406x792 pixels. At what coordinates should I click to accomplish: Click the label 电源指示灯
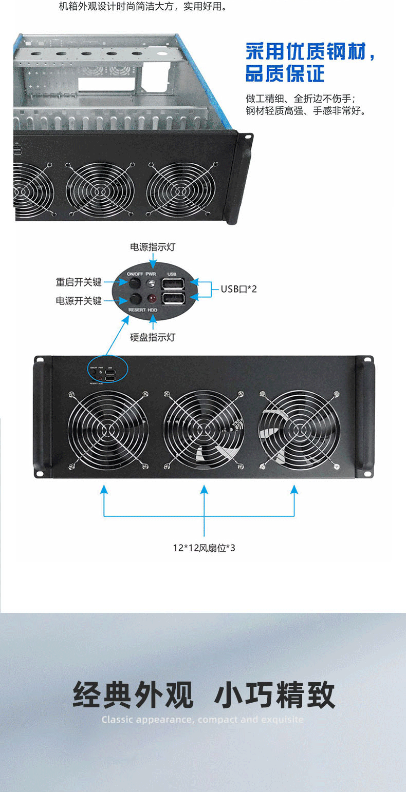coord(153,247)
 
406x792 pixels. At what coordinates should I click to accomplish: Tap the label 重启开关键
coord(79,282)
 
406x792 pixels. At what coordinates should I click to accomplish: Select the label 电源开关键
coord(79,301)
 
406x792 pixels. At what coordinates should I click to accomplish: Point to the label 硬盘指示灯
coord(153,337)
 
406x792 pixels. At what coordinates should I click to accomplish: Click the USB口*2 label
coord(239,289)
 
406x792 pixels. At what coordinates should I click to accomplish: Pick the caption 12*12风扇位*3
coord(204,548)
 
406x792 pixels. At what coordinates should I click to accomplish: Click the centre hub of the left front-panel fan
coord(108,430)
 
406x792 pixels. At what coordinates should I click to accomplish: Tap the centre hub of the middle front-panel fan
coord(204,430)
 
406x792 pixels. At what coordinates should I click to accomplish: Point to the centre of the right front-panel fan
coord(300,430)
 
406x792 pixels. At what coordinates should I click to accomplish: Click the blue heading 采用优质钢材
coord(310,52)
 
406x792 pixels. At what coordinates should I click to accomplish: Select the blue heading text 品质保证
coord(285,74)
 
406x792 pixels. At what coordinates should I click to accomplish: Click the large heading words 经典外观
coord(133,695)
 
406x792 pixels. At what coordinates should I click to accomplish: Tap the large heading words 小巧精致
coord(275,695)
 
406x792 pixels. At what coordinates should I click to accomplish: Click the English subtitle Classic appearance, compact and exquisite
coord(202,720)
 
